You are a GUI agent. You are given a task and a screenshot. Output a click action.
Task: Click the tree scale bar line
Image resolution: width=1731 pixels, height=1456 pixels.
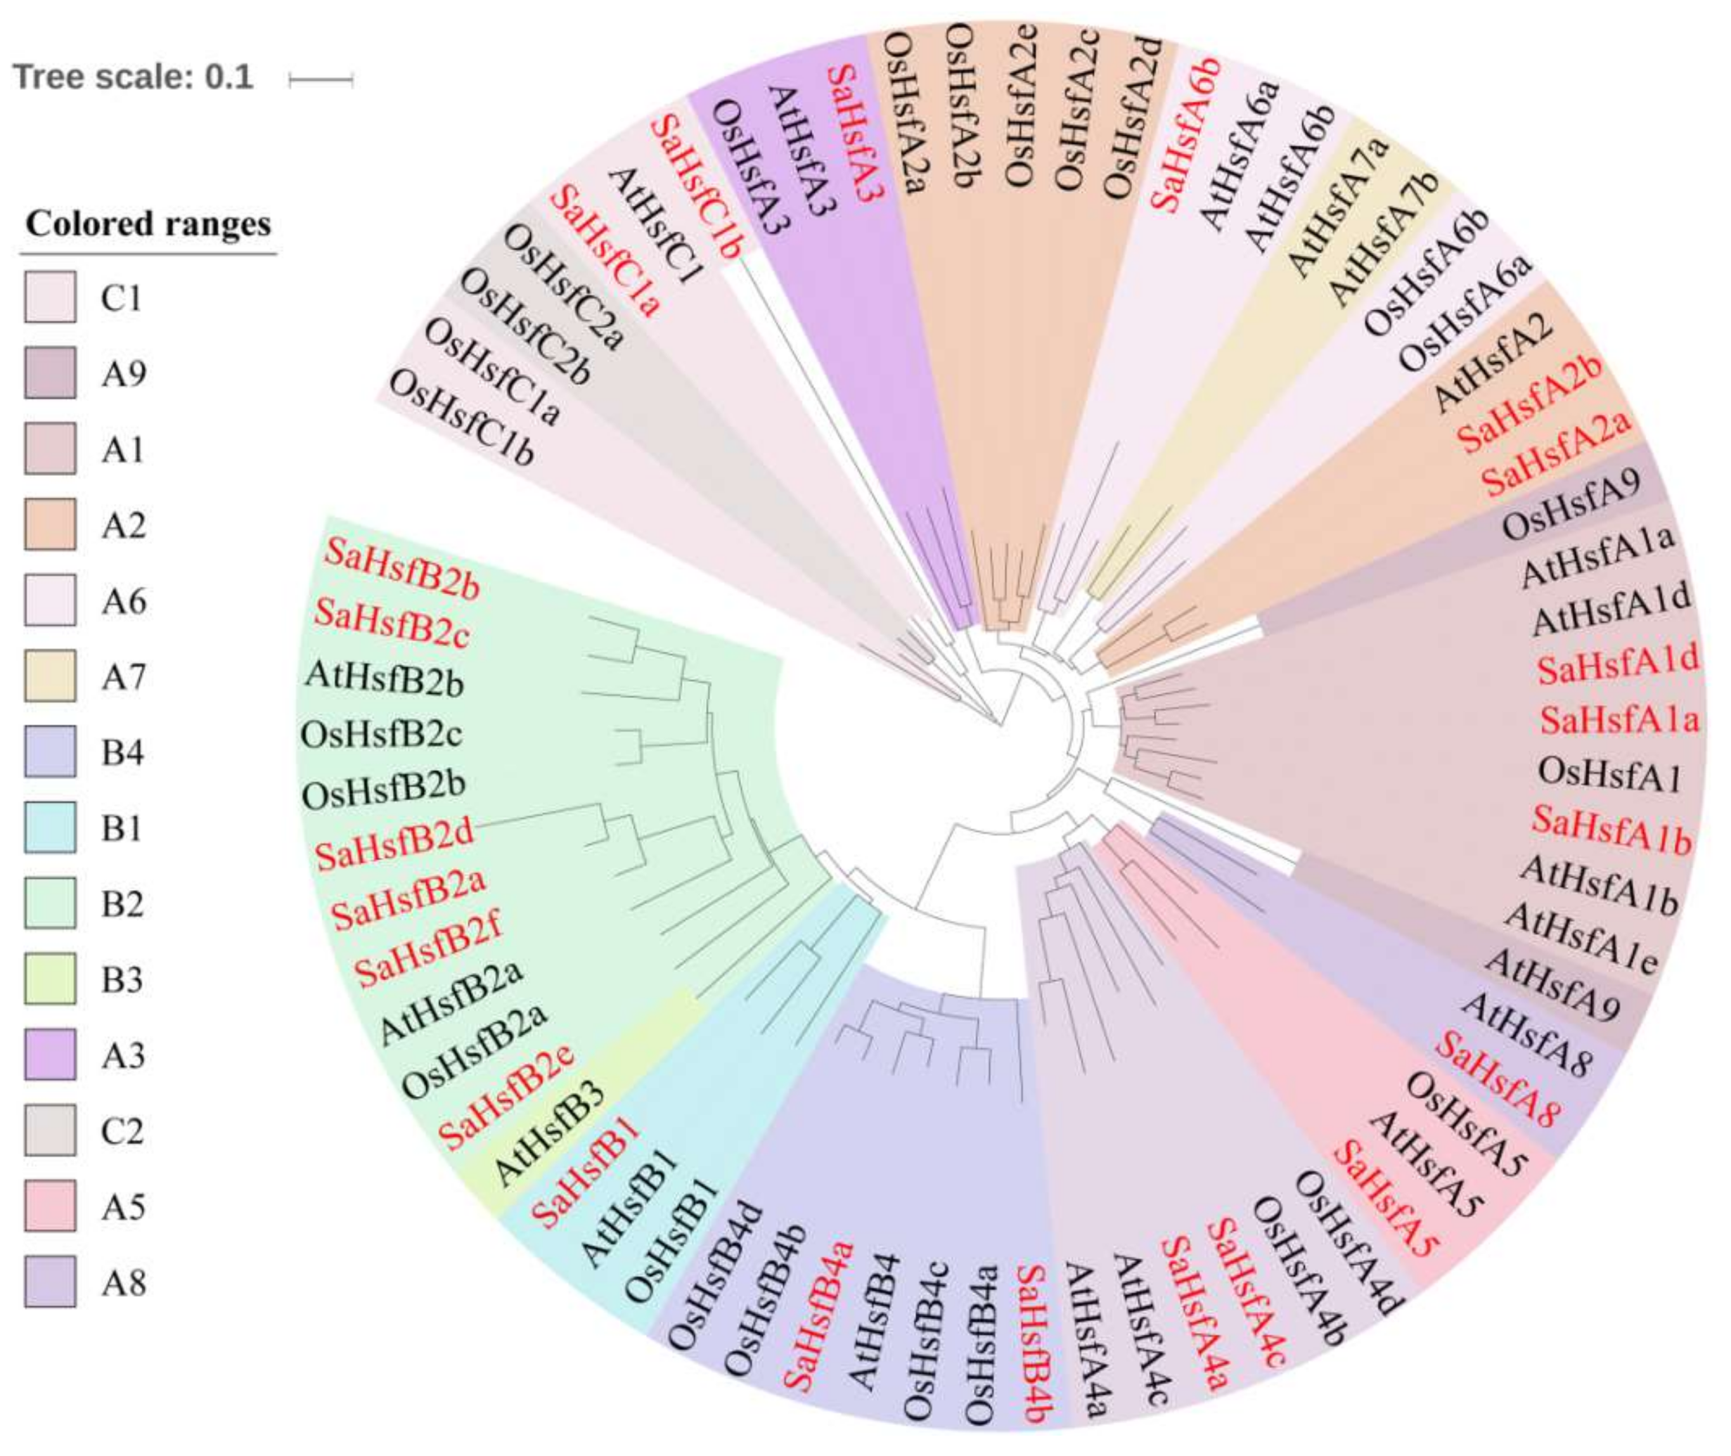point(321,80)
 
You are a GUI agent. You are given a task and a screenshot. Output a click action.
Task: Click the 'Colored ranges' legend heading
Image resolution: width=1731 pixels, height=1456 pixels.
point(148,224)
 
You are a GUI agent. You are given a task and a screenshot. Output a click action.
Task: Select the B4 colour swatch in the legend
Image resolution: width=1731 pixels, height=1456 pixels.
point(51,751)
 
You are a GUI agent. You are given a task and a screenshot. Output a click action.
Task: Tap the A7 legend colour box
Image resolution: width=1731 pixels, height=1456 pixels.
point(51,675)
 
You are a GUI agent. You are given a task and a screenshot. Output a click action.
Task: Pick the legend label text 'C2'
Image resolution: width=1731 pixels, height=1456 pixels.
point(123,1130)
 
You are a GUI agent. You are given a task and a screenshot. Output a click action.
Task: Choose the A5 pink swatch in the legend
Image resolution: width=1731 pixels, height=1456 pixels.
point(51,1206)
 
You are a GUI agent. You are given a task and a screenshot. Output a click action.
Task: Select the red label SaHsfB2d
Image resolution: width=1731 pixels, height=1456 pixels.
point(395,844)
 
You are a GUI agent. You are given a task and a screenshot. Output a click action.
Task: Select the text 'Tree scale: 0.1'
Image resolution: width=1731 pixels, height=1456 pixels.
point(133,77)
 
